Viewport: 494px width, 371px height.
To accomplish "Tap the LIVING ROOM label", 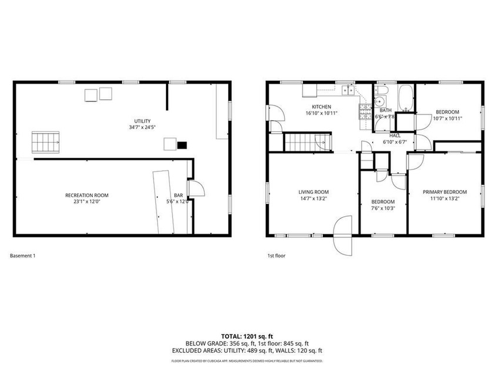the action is point(313,192).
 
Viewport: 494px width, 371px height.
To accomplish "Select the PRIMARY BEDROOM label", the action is point(445,192).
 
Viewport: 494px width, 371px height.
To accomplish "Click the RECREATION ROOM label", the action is point(86,195).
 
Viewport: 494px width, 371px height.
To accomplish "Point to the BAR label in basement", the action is point(178,195).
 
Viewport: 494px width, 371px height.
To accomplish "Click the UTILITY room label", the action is point(142,121).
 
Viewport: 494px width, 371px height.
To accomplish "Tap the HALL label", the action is point(395,135).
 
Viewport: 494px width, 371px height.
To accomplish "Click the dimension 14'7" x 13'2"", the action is point(313,199).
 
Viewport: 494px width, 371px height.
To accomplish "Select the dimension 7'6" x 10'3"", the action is point(383,208).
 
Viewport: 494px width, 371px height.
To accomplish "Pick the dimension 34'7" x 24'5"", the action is point(142,128).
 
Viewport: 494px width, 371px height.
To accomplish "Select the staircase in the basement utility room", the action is point(45,142).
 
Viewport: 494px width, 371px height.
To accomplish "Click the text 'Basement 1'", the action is point(24,256).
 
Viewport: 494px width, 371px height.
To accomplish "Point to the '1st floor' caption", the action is point(276,256).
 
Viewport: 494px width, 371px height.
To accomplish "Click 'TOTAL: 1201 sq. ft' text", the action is point(246,336).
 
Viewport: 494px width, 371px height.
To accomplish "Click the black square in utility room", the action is point(182,144).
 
